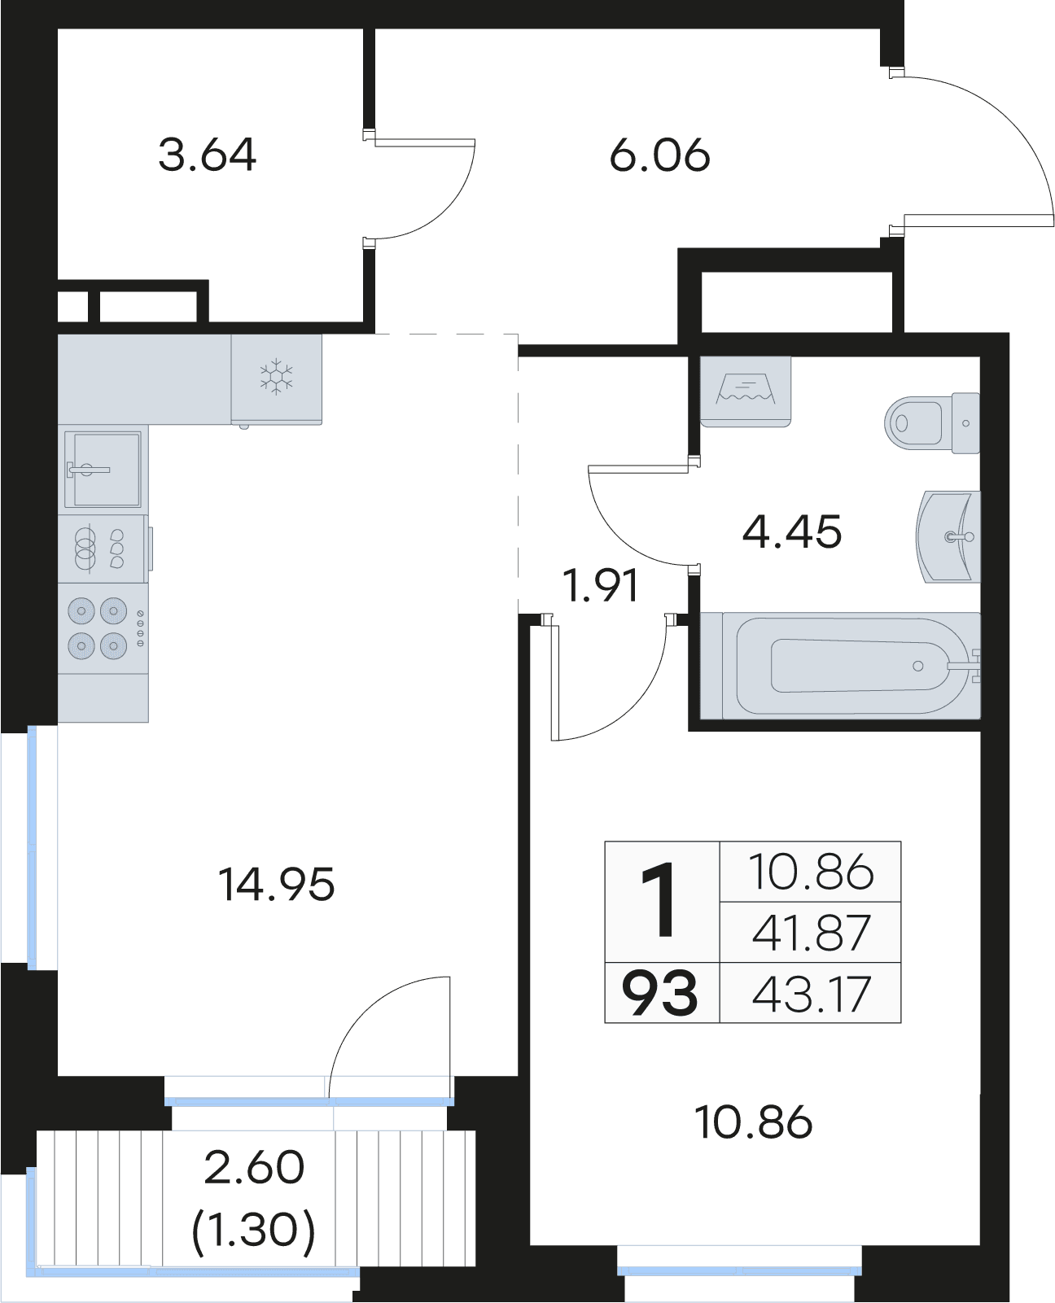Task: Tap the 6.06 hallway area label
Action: pos(659,156)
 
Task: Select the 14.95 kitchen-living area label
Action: pos(277,885)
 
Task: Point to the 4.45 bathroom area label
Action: pos(792,531)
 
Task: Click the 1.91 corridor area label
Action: pos(600,585)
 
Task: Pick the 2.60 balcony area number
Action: pos(254,1167)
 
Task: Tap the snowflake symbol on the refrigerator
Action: pos(276,378)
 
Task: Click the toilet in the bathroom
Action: pos(931,422)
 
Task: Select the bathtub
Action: pos(840,665)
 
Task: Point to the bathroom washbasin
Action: pos(948,536)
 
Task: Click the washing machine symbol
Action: pos(746,391)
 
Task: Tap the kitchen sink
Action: pos(103,470)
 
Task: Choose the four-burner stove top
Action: pos(103,628)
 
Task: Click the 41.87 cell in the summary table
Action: pos(811,933)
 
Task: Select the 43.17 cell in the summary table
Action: pos(811,994)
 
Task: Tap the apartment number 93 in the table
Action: pos(659,995)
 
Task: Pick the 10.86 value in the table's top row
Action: pos(811,872)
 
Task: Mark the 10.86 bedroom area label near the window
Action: pos(753,1122)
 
